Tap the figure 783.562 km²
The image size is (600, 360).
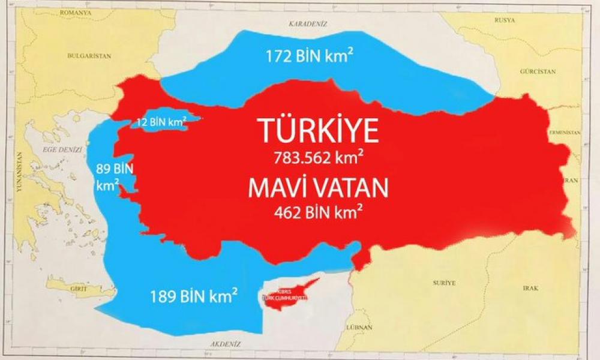pos(318,159)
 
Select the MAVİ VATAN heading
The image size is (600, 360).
pos(318,188)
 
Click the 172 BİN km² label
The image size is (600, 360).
pos(310,57)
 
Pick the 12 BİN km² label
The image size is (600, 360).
pos(161,121)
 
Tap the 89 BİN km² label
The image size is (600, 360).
pos(107,176)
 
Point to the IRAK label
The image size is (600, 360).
pos(530,288)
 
